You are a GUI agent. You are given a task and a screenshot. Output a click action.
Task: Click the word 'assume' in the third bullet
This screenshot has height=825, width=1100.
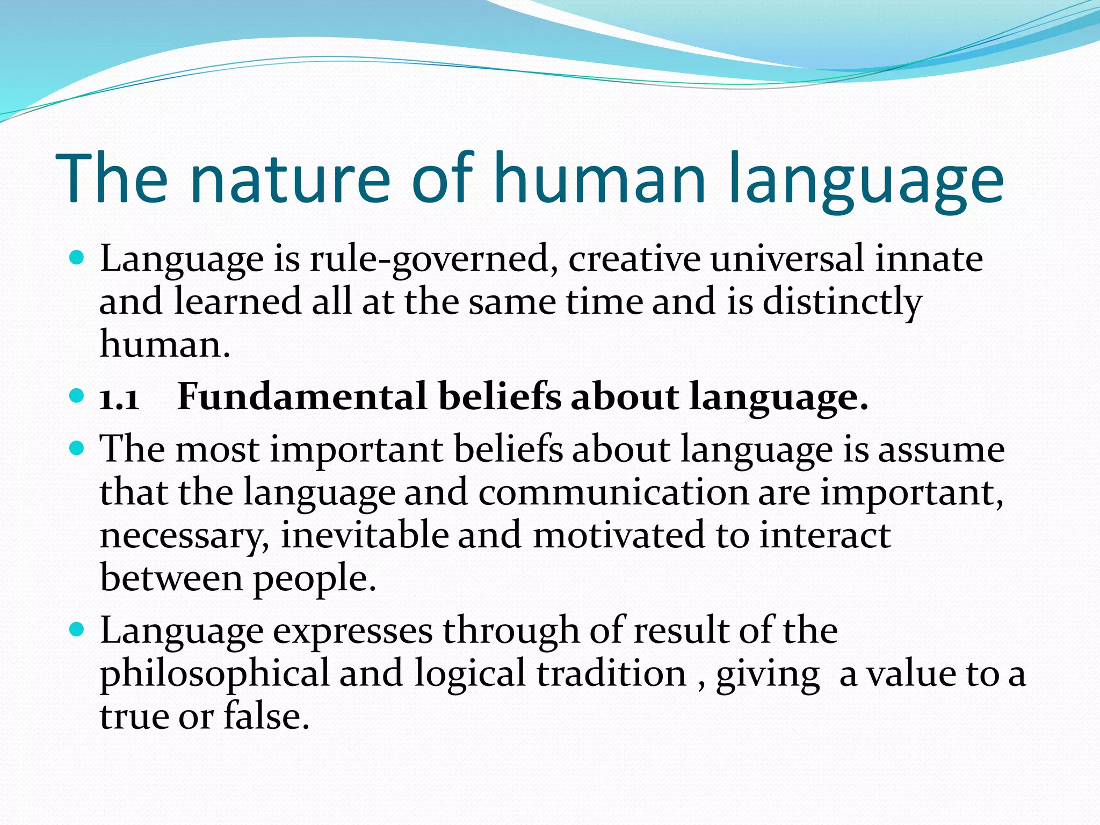click(x=941, y=450)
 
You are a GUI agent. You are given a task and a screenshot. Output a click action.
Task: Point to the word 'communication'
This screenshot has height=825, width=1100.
click(x=613, y=493)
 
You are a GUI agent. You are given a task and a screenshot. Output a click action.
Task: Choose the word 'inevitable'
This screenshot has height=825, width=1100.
click(x=365, y=535)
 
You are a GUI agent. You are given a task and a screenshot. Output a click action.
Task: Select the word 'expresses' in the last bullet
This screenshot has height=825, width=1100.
click(x=352, y=632)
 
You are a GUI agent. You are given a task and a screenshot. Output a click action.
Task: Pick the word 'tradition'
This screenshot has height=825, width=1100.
click(x=612, y=674)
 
